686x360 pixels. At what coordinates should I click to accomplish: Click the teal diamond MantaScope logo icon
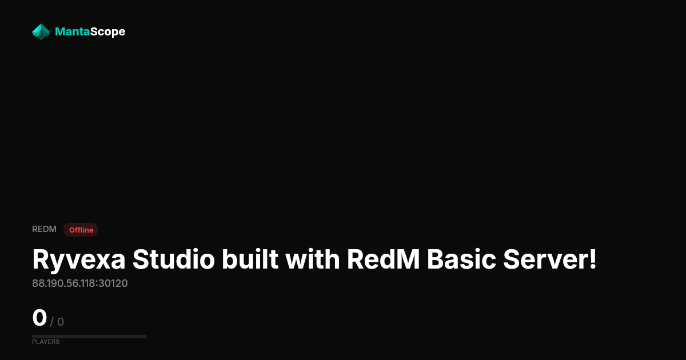[x=41, y=32]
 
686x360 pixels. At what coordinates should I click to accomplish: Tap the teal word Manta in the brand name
[x=72, y=31]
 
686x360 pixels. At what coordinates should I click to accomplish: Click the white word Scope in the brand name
[x=107, y=32]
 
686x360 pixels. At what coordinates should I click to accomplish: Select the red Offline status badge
[x=81, y=230]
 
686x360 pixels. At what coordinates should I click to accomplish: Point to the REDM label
[x=44, y=229]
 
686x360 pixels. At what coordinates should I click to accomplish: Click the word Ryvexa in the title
[x=79, y=260]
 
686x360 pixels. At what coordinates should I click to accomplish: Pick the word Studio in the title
[x=174, y=259]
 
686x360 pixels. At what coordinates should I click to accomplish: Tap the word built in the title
[x=250, y=259]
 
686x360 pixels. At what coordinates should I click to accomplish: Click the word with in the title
[x=312, y=259]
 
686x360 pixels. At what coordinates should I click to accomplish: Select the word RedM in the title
[x=383, y=259]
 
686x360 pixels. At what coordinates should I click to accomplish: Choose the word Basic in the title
[x=461, y=259]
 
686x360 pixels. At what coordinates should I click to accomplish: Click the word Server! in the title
[x=550, y=259]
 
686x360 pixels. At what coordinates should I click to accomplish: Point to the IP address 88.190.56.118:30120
[x=80, y=283]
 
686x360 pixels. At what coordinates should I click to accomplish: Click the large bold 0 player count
[x=39, y=318]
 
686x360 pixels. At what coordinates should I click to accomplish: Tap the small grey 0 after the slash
[x=61, y=322]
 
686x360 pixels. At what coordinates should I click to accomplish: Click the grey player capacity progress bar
[x=89, y=337]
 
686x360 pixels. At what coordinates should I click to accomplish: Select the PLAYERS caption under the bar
[x=46, y=342]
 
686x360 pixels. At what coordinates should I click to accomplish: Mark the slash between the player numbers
[x=51, y=322]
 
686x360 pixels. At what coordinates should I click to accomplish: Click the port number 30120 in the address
[x=113, y=283]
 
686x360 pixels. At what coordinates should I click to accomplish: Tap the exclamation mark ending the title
[x=593, y=259]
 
